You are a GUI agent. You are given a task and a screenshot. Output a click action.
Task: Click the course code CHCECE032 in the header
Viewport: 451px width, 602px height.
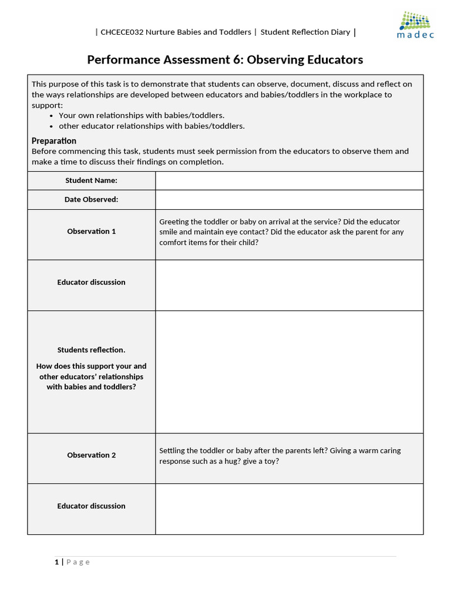120,32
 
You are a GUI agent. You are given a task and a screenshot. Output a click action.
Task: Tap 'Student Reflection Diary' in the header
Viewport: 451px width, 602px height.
305,32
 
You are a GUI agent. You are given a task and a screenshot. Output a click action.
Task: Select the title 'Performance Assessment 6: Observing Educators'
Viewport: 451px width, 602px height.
225,60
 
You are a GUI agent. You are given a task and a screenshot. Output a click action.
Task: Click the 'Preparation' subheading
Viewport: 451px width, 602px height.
54,141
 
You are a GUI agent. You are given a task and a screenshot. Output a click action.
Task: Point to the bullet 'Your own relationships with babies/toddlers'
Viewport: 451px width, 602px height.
141,115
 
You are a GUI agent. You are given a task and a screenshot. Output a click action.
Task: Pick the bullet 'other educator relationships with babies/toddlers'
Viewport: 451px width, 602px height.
152,126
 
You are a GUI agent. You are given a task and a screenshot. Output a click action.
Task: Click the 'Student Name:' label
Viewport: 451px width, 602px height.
91,180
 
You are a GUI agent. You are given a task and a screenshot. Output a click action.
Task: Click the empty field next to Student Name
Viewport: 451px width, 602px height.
289,180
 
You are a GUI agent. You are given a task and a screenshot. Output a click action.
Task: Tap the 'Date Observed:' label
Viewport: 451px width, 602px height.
91,200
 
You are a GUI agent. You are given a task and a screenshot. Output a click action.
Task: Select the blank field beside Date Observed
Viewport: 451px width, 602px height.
289,200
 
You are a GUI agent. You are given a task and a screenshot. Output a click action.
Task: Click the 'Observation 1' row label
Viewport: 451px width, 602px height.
91,232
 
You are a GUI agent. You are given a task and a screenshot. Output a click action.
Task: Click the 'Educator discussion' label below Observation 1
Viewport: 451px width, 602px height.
91,282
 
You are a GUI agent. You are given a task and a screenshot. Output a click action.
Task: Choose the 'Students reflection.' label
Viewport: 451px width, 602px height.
91,350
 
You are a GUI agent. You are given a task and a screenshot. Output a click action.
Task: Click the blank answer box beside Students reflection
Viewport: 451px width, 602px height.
289,372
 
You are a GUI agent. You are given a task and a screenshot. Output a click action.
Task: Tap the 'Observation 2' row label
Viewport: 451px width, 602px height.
91,455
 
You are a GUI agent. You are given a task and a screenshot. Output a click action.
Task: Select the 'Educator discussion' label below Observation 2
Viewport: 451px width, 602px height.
91,506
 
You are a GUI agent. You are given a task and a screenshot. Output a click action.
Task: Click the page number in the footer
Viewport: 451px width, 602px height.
57,562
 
